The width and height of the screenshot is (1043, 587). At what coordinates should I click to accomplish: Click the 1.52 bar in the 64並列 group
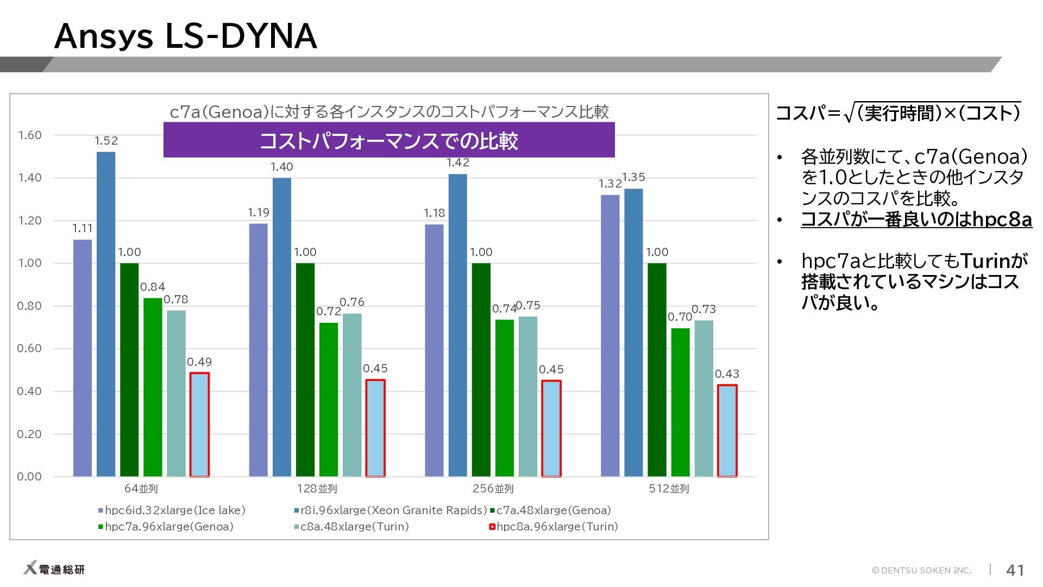tap(106, 314)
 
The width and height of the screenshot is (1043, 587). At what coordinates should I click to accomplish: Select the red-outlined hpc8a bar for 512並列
tap(727, 430)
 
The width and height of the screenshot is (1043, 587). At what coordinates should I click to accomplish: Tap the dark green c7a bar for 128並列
tap(305, 370)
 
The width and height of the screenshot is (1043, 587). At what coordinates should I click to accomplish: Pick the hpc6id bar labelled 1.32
tap(610, 335)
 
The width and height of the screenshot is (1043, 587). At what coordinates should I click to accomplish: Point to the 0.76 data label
tap(352, 302)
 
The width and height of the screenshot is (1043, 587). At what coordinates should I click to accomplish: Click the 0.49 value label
tap(199, 362)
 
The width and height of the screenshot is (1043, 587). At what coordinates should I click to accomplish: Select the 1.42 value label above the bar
tap(458, 163)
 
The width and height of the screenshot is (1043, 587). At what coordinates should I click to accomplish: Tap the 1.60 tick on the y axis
tap(29, 135)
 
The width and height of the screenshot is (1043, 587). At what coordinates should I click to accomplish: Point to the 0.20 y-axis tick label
tap(29, 434)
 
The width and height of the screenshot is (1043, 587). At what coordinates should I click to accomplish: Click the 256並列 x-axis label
tap(493, 489)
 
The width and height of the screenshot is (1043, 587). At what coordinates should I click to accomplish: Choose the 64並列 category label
tap(141, 489)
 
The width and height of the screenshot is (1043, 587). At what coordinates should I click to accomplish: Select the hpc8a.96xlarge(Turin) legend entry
tap(554, 527)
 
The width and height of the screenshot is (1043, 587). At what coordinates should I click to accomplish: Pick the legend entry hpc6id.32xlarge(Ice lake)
tap(172, 510)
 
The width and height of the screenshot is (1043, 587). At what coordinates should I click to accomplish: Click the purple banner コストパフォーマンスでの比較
tap(389, 140)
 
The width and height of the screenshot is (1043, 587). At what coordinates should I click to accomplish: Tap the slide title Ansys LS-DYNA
tap(185, 36)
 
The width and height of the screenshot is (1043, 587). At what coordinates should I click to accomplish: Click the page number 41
tap(1015, 570)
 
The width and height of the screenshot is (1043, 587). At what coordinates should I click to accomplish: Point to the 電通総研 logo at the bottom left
tap(54, 569)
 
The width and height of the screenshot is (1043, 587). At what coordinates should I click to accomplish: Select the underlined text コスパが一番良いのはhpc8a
tap(916, 220)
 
